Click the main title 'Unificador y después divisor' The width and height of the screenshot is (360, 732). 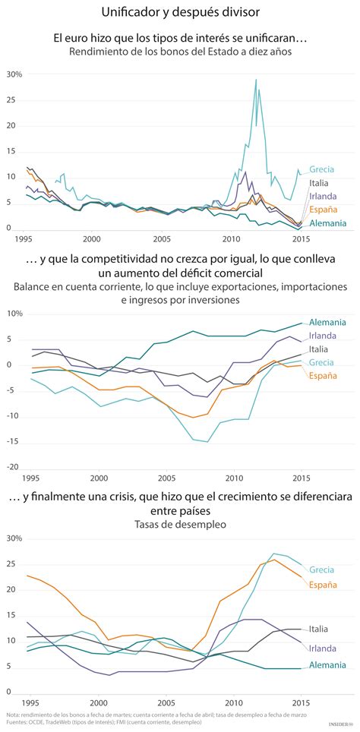179,13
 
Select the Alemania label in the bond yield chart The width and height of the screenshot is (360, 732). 328,223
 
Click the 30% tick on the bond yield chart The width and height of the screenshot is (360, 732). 14,74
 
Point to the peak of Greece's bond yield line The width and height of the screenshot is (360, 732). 255,80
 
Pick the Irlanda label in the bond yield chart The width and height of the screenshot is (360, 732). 323,197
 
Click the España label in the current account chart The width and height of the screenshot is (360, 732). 323,375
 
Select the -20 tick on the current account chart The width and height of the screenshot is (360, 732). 14,468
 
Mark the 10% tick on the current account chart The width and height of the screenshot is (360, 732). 14,313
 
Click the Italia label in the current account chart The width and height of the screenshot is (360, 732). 319,349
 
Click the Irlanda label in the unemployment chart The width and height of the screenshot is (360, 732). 323,648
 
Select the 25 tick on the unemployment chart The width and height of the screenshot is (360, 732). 13,564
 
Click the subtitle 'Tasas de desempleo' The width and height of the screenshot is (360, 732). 179,524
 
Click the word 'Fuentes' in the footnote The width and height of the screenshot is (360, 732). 17,722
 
